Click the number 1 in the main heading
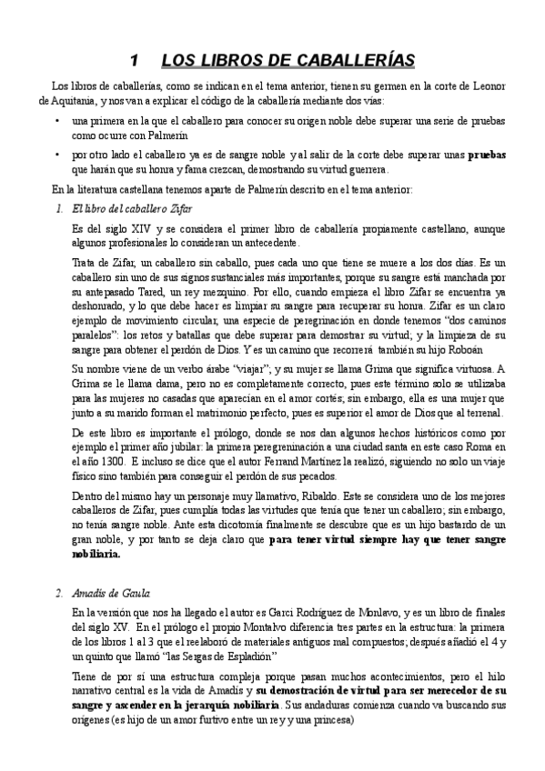click(x=135, y=61)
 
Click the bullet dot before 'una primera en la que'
click(x=59, y=121)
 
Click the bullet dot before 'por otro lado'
click(x=59, y=155)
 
